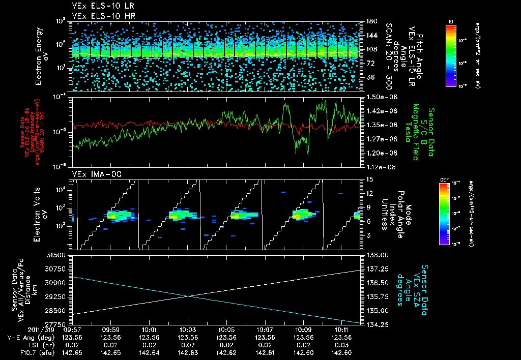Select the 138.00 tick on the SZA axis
(x=375, y=255)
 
